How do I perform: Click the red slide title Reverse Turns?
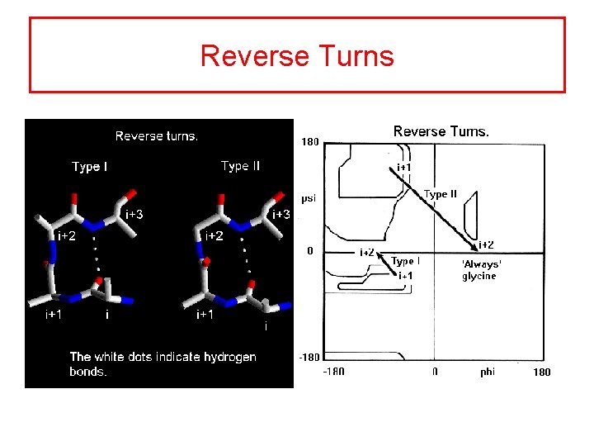coord(297,56)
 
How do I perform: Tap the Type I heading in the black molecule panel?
coord(90,167)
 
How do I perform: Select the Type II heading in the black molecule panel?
coord(240,166)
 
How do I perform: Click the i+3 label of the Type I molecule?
coord(133,215)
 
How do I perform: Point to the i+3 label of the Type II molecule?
coord(281,215)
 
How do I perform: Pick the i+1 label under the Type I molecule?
coord(54,315)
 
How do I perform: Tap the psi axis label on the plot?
coord(308,198)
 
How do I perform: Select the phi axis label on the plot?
coord(488,372)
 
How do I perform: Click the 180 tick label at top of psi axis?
coord(309,142)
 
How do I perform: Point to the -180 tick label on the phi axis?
coord(333,372)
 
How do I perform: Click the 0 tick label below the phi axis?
coord(435,372)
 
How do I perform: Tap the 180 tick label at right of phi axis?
coord(540,372)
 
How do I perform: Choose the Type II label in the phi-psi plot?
coord(441,194)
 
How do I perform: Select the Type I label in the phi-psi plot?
coord(406,261)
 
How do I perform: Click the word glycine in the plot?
coord(479,276)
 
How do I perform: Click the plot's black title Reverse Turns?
coord(441,131)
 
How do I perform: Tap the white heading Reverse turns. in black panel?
coord(157,136)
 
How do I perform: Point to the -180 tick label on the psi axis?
coord(309,358)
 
